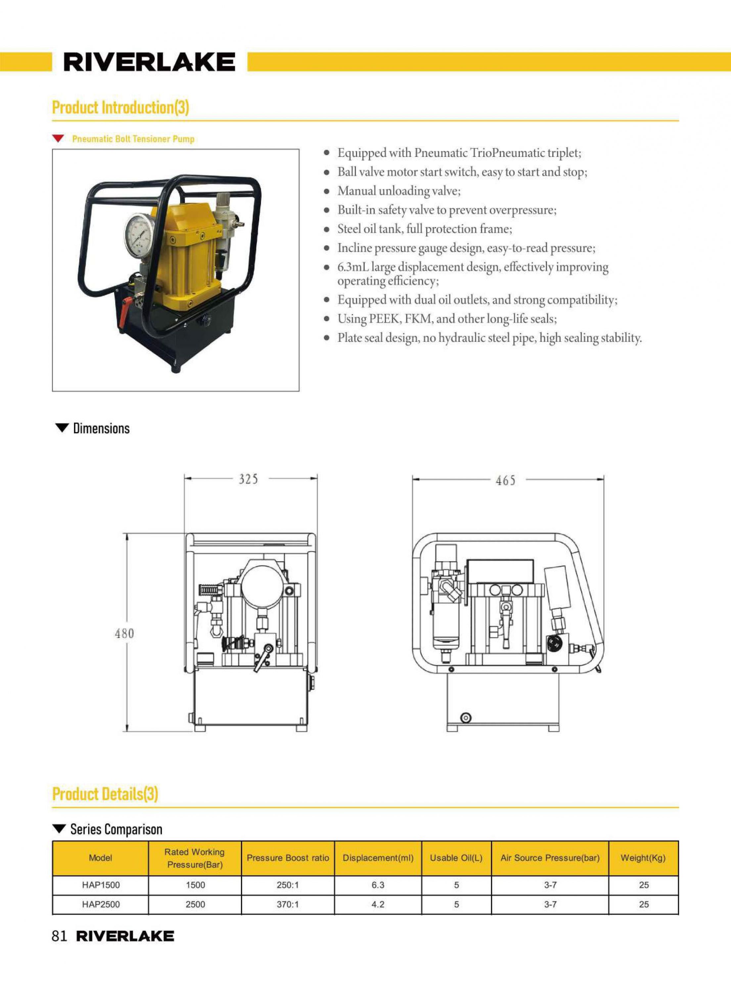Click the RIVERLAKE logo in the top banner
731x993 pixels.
click(x=149, y=62)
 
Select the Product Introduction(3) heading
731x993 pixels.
click(x=120, y=108)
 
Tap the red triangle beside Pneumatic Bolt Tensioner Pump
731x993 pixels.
click(x=58, y=138)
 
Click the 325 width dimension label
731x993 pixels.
click(x=248, y=479)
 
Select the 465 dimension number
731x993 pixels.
click(x=505, y=480)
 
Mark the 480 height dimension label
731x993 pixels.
click(x=124, y=634)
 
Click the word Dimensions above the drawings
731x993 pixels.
click(x=101, y=428)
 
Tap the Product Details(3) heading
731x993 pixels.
click(x=105, y=794)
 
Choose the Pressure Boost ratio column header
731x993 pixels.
click(x=288, y=858)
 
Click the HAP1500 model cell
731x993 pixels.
click(x=101, y=885)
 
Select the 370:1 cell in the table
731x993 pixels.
click(x=288, y=905)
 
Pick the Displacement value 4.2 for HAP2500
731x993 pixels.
click(x=378, y=905)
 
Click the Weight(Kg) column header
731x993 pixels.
click(x=643, y=858)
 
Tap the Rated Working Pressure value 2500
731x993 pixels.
click(x=195, y=905)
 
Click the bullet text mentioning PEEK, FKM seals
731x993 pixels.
click(x=447, y=319)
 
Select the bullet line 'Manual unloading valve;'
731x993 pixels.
click(x=399, y=191)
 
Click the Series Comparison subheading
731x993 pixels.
click(x=116, y=829)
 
